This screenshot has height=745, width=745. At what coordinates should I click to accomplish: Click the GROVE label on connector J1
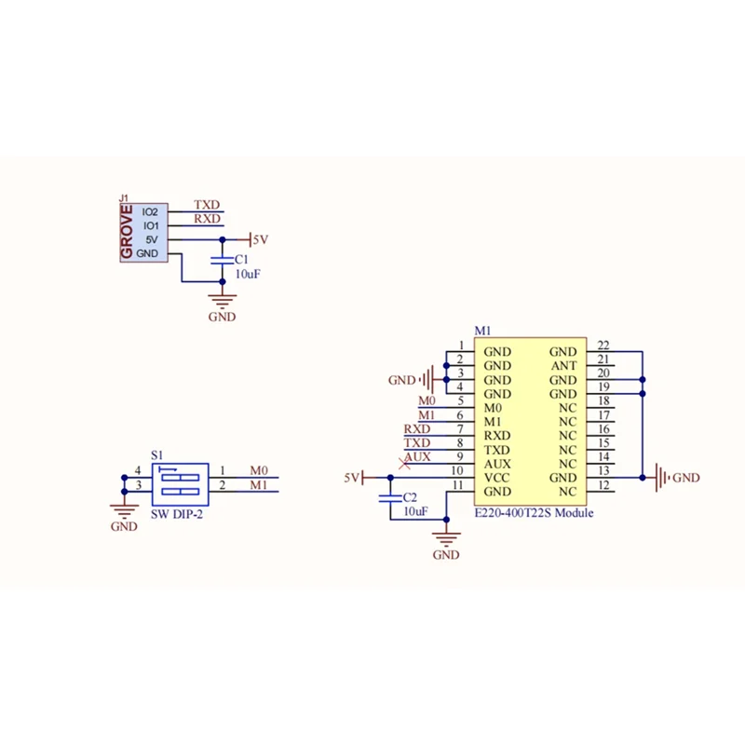point(128,233)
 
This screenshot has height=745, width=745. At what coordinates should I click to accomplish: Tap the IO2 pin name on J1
point(151,212)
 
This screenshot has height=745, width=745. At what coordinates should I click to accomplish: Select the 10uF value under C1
point(247,274)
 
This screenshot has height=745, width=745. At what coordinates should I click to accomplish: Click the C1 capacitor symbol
point(221,259)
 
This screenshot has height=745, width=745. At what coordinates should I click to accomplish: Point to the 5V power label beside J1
point(260,239)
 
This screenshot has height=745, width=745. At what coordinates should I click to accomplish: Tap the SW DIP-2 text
point(176,513)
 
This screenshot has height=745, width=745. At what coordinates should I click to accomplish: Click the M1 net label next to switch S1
point(259,485)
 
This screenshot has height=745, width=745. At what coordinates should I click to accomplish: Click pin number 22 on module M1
point(603,345)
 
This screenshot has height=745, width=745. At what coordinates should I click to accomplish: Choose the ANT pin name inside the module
point(564,366)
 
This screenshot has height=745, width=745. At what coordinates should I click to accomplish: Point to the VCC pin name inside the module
point(497,478)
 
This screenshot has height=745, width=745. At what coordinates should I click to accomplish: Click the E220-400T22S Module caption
point(534,513)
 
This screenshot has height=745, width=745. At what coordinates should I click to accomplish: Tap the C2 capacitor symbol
point(390,498)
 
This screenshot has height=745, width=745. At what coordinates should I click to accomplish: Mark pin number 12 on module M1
point(603,485)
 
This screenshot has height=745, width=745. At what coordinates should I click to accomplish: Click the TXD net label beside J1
point(207,204)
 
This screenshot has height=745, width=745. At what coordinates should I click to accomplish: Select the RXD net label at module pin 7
point(416,428)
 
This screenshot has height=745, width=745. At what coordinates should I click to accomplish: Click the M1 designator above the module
point(482,331)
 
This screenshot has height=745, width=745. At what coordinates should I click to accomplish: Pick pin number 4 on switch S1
point(138,471)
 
